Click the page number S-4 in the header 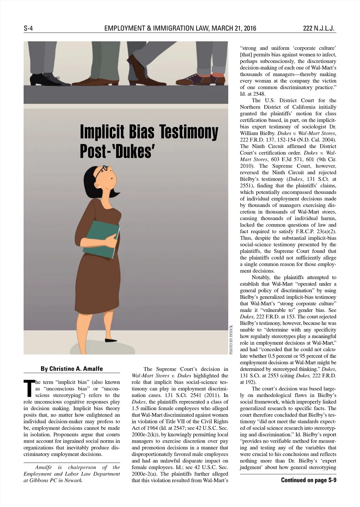pos(28,28)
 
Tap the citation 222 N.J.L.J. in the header pos(319,28)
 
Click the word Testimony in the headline pos(189,132)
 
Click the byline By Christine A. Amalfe pos(72,369)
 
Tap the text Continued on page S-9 pos(308,480)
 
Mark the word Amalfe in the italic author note pos(44,467)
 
